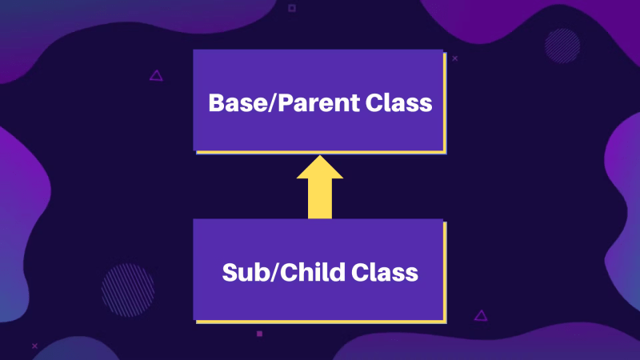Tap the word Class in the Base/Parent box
point(398,102)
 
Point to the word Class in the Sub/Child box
point(385,272)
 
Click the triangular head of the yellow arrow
point(319,167)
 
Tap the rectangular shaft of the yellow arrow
point(319,198)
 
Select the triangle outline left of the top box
point(156,76)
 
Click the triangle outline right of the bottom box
point(481,315)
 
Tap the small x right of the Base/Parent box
point(454,58)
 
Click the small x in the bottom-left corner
point(34,346)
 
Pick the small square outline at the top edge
point(292,8)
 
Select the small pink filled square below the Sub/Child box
point(259,334)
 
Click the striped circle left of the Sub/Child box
point(128,290)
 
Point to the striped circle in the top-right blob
point(562,46)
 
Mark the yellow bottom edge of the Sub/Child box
point(322,322)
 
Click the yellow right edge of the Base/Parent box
point(445,103)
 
